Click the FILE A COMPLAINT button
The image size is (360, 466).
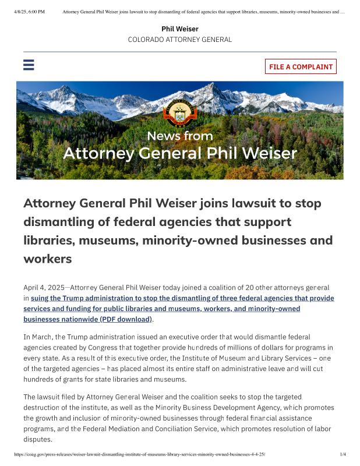pyautogui.click(x=301, y=66)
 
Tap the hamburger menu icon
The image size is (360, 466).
pyautogui.click(x=29, y=65)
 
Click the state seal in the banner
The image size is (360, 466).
pyautogui.click(x=180, y=111)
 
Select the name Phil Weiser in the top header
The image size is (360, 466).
pyautogui.click(x=180, y=29)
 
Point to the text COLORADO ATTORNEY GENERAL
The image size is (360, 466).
pyautogui.click(x=180, y=40)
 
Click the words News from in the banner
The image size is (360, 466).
pyautogui.click(x=180, y=136)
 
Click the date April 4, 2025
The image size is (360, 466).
pyautogui.click(x=45, y=288)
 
